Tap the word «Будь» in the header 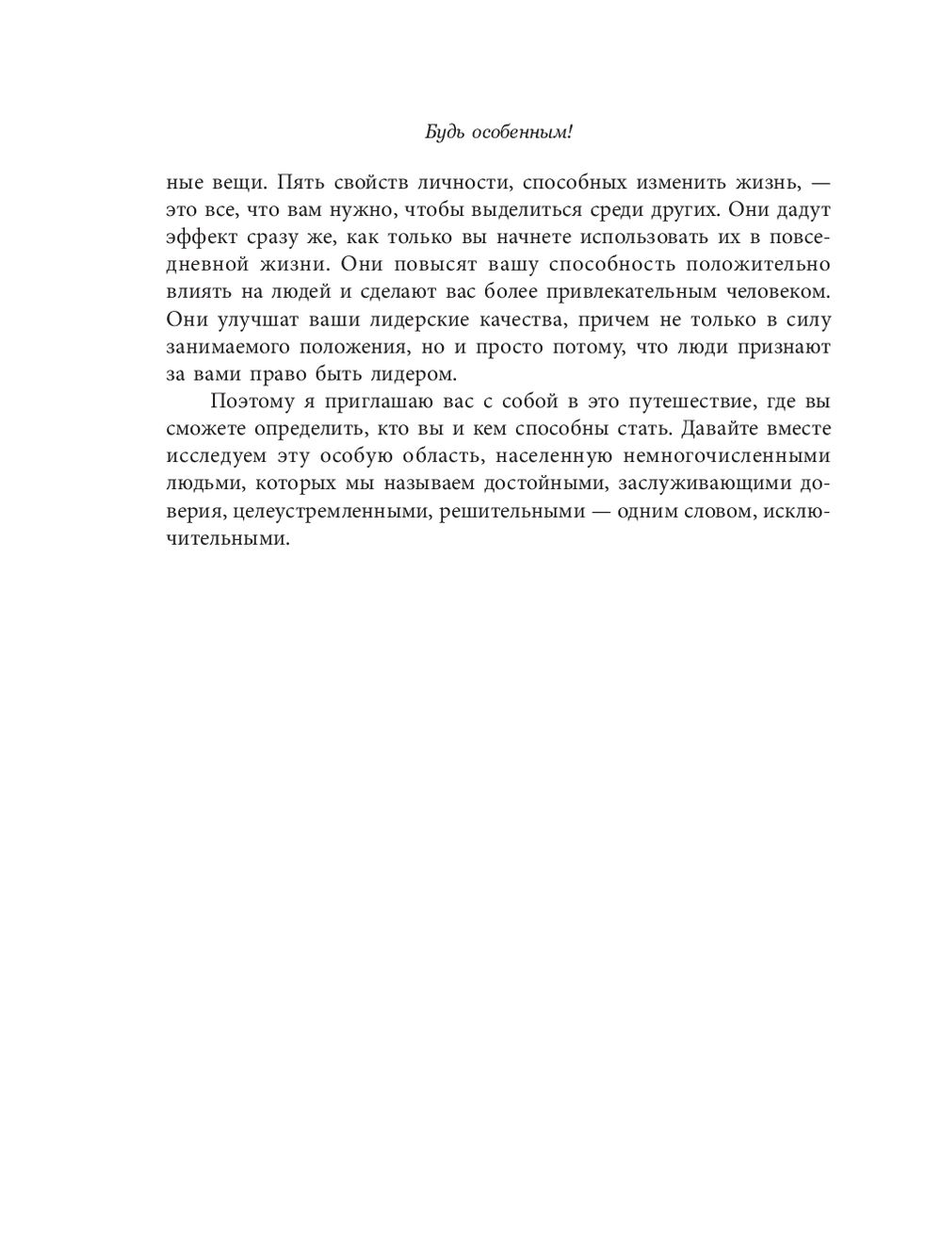443,133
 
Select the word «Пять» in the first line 300,181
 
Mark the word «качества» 508,319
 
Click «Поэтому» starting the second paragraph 252,402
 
